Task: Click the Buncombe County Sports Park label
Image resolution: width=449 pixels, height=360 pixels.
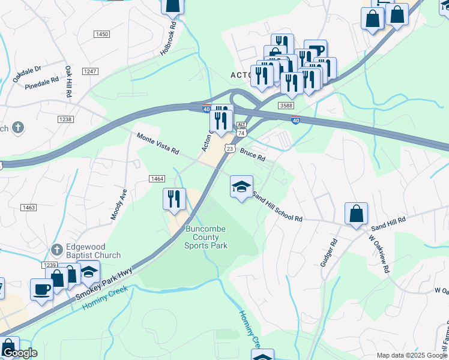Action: tap(206, 237)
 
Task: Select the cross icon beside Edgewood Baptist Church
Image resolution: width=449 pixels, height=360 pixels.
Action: tap(57, 249)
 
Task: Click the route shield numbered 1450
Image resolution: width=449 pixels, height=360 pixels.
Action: tap(102, 34)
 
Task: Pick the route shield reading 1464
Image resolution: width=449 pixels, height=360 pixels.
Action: tap(157, 179)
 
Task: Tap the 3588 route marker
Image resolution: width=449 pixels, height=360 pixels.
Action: tap(286, 106)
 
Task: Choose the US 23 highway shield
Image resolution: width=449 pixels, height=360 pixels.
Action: tap(230, 148)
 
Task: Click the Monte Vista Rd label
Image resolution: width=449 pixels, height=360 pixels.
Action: tap(158, 143)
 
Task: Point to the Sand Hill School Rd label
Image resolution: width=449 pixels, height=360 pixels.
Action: tap(277, 207)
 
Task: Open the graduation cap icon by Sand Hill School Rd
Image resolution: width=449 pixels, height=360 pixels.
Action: tap(241, 187)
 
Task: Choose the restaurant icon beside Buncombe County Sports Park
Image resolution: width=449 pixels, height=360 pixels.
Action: tap(175, 199)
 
